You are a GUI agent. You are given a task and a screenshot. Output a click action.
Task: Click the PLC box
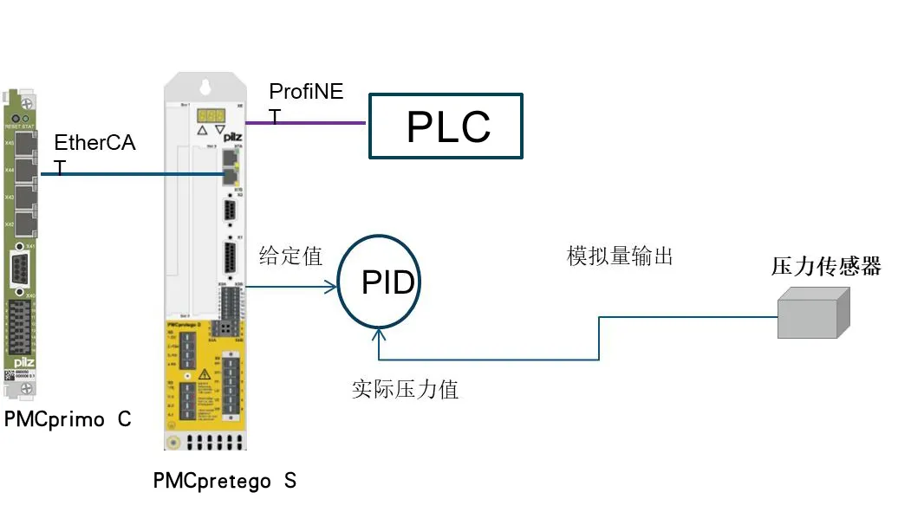(446, 126)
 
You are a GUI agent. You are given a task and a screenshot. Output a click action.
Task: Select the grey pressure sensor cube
(813, 313)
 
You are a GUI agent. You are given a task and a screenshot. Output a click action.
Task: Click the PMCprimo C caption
(67, 420)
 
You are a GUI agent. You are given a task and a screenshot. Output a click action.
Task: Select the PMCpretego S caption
(224, 481)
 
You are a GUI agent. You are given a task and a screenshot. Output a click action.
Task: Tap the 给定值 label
(290, 256)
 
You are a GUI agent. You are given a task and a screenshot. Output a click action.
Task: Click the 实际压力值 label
(405, 390)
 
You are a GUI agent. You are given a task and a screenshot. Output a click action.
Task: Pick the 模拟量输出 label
(619, 256)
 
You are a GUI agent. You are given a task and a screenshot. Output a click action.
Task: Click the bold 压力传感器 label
(825, 267)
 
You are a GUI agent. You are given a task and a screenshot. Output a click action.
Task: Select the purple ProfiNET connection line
(305, 123)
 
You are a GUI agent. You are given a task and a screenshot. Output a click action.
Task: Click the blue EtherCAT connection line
(130, 174)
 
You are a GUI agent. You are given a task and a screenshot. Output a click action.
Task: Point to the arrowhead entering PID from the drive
(330, 286)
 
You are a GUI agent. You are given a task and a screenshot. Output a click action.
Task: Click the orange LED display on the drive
(211, 114)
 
